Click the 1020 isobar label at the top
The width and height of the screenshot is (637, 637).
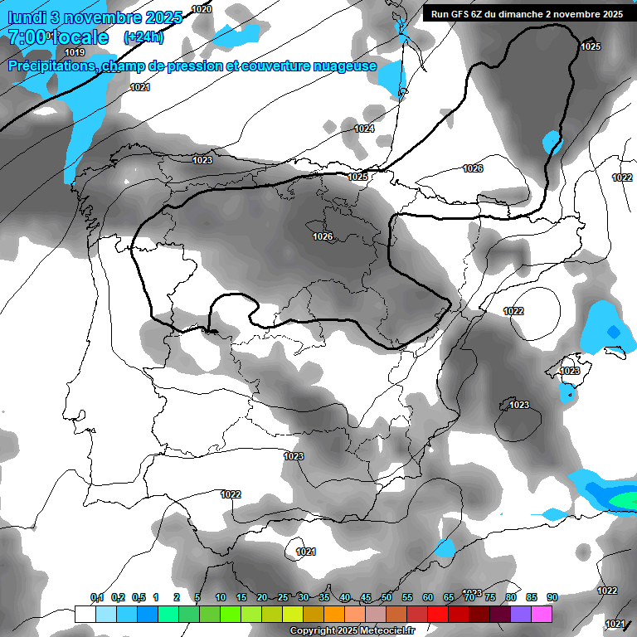tap(202, 9)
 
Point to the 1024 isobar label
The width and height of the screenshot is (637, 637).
tap(364, 129)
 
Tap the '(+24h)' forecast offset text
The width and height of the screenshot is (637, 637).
tap(143, 37)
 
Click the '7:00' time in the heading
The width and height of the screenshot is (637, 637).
tap(27, 37)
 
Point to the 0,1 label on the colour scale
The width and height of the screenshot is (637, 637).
tap(97, 598)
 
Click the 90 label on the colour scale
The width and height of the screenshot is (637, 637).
tap(552, 598)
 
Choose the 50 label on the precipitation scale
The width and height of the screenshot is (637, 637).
tap(387, 598)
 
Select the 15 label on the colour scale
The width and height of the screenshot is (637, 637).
tap(241, 598)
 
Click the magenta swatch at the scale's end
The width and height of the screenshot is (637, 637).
tap(542, 614)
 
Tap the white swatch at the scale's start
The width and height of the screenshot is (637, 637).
tap(85, 614)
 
